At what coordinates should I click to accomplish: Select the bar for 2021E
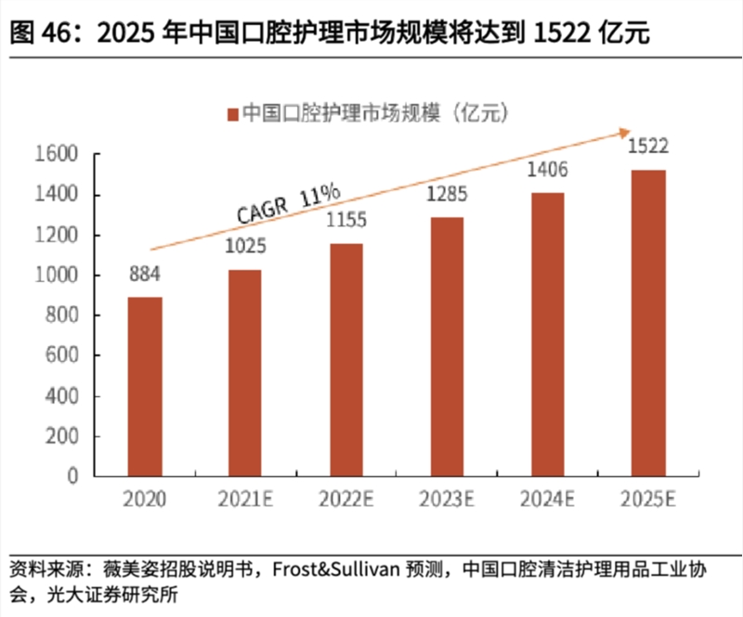click(245, 373)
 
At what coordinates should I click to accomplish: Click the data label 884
click(144, 275)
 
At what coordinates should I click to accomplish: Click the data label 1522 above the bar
click(647, 147)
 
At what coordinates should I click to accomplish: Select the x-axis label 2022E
click(345, 500)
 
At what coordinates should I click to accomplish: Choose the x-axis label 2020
click(144, 500)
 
